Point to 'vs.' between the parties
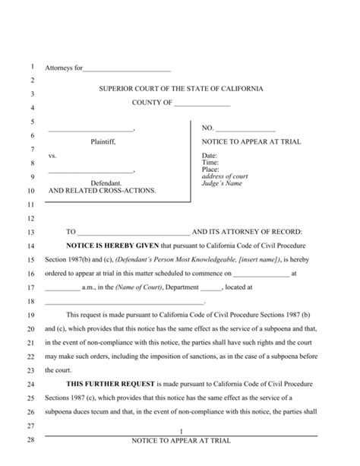[x=52, y=156]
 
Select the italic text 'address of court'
[x=225, y=177]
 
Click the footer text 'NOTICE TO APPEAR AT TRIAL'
[x=181, y=441]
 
